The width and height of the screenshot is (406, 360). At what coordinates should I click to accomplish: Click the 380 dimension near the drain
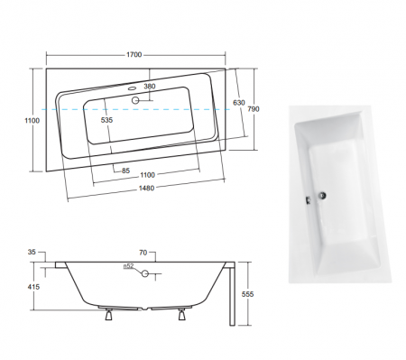click(x=149, y=87)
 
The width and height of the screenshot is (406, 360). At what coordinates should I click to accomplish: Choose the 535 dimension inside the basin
click(x=107, y=119)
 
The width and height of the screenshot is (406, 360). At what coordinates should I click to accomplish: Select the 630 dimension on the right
click(x=238, y=102)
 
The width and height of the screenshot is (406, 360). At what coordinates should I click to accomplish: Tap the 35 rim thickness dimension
click(x=32, y=254)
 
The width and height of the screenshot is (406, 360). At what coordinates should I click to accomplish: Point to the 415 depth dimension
click(x=32, y=286)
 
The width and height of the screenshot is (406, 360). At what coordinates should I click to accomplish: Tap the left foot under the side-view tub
click(x=110, y=315)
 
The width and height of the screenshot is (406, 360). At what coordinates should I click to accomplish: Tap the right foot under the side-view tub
click(x=186, y=315)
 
